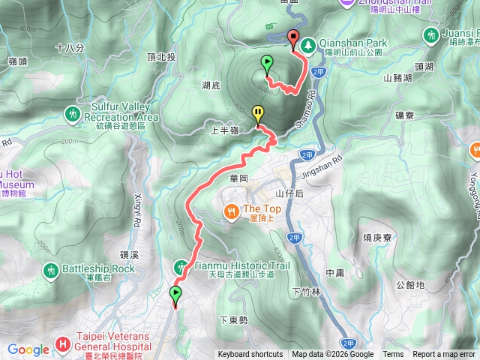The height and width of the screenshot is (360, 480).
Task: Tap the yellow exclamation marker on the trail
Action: (x=258, y=114)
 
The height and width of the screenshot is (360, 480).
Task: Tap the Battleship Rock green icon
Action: (x=51, y=268)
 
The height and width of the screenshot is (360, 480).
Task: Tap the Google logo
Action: (x=28, y=349)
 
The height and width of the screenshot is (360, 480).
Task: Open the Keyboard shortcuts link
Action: (x=250, y=355)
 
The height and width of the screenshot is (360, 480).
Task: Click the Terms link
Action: (x=393, y=355)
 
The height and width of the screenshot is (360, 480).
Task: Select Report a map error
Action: (x=445, y=355)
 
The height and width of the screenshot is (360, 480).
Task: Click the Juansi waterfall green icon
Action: (x=430, y=35)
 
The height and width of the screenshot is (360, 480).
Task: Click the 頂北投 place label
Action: (x=161, y=57)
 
